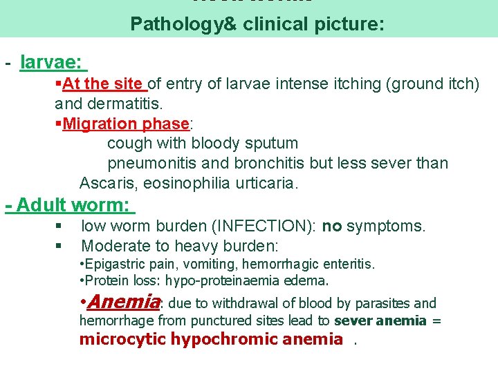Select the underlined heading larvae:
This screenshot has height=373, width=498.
(52, 63)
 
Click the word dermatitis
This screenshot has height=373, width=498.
(121, 104)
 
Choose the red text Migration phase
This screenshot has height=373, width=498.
(126, 124)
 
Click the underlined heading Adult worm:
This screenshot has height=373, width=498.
(73, 205)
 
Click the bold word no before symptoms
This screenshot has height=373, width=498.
(332, 227)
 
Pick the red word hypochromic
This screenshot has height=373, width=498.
(217, 339)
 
